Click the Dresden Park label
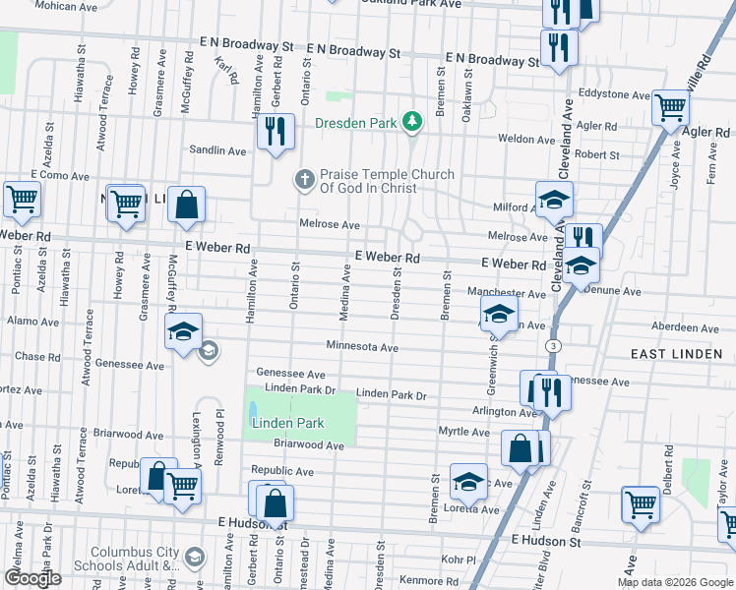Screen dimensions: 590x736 click(x=354, y=124)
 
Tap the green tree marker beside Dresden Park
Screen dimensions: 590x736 click(x=414, y=122)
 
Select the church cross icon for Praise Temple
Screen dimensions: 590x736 click(x=305, y=180)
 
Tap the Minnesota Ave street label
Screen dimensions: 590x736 click(x=362, y=347)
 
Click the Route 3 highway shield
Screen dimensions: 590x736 click(x=555, y=346)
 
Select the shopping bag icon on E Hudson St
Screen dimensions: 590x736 click(x=276, y=502)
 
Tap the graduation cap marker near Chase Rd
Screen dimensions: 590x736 click(x=183, y=332)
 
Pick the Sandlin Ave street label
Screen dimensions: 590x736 click(x=217, y=150)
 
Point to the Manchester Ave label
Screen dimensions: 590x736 click(x=506, y=293)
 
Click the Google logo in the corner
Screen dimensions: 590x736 click(x=32, y=578)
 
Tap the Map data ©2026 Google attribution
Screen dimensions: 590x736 click(x=675, y=582)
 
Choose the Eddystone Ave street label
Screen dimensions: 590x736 click(x=615, y=95)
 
